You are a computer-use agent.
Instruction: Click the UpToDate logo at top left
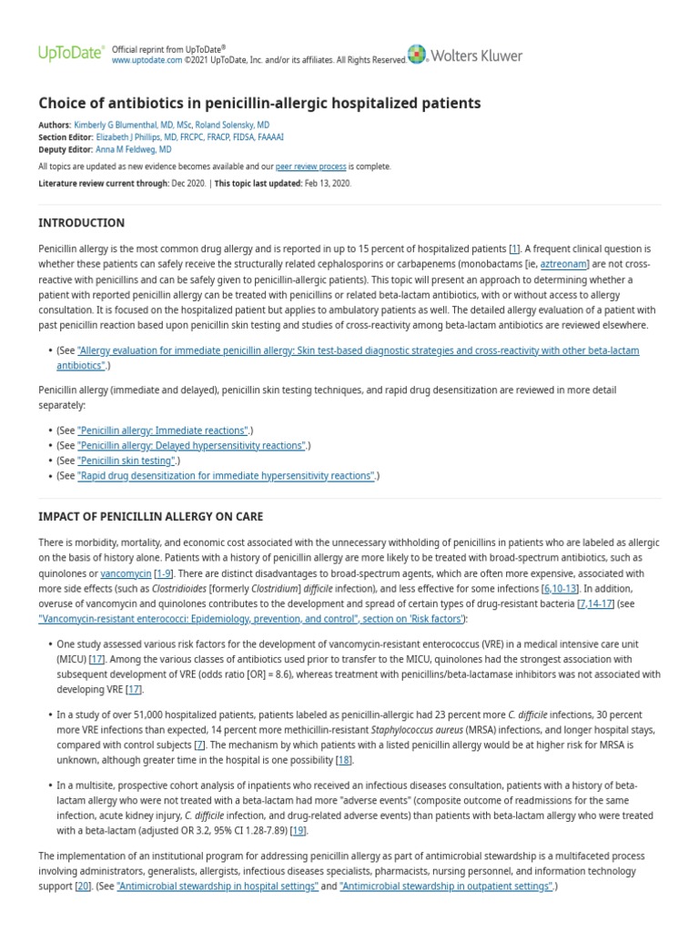pyautogui.click(x=70, y=54)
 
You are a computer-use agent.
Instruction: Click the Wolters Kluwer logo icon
pyautogui.click(x=417, y=55)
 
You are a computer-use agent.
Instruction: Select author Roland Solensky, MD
pyautogui.click(x=237, y=125)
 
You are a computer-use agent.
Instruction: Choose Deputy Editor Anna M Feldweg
pyautogui.click(x=133, y=149)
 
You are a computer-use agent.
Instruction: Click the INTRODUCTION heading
pyautogui.click(x=82, y=223)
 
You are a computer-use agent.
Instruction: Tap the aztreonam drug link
pyautogui.click(x=564, y=263)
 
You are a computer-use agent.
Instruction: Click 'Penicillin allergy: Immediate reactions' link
pyautogui.click(x=163, y=430)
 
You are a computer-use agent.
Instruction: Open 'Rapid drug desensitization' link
pyautogui.click(x=227, y=475)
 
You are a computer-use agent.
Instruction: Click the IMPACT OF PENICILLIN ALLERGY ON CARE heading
pyautogui.click(x=150, y=516)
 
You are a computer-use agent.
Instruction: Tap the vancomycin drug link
pyautogui.click(x=126, y=573)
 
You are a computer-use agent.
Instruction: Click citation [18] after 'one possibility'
pyautogui.click(x=343, y=759)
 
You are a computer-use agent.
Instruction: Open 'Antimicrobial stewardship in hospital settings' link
pyautogui.click(x=218, y=886)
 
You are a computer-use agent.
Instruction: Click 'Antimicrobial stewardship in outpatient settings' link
pyautogui.click(x=446, y=886)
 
